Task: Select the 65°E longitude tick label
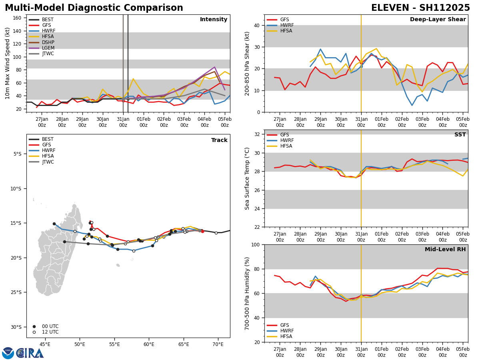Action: click(183, 344)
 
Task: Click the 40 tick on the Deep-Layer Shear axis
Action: click(256, 25)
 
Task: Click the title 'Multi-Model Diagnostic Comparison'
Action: click(94, 8)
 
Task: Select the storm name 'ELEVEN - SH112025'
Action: click(420, 8)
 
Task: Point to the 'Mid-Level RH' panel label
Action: click(445, 250)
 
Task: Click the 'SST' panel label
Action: click(460, 135)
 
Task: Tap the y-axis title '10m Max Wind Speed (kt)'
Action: click(7, 63)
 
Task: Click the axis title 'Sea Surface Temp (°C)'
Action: click(247, 178)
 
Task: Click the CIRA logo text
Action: click(30, 353)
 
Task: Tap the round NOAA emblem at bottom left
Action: click(8, 353)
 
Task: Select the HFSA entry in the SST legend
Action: click(286, 146)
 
